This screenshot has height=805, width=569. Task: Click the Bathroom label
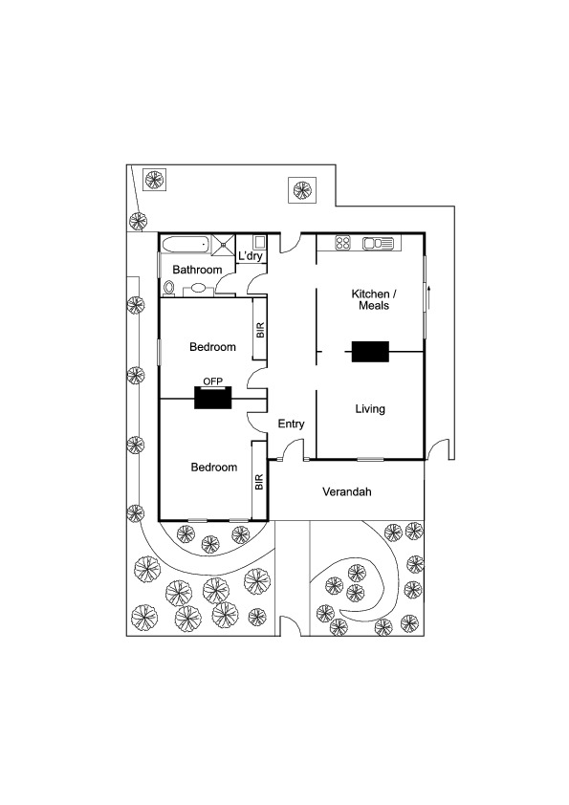(197, 270)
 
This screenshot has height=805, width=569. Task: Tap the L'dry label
(251, 255)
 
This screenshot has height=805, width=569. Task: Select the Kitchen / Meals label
(374, 300)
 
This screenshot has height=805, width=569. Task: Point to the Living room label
(370, 408)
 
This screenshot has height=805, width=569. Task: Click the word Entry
(291, 424)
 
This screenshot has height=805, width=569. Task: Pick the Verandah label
(346, 491)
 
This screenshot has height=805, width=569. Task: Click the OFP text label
(212, 381)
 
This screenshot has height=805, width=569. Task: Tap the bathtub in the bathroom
(185, 244)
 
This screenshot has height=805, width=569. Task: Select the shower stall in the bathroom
(224, 244)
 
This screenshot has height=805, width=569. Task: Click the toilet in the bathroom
(168, 289)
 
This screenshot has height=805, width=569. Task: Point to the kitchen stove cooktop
(342, 242)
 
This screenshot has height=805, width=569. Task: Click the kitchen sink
(378, 243)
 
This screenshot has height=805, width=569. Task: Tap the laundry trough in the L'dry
(259, 242)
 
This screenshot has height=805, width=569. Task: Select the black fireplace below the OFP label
(212, 398)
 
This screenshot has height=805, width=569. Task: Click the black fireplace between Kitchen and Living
(370, 351)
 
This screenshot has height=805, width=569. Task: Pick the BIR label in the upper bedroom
(260, 330)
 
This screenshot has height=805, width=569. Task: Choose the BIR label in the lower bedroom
(259, 482)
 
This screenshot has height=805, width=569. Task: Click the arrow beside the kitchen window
(428, 297)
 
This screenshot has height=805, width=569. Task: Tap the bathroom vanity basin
(198, 289)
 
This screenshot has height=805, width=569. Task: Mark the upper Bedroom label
(212, 346)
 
